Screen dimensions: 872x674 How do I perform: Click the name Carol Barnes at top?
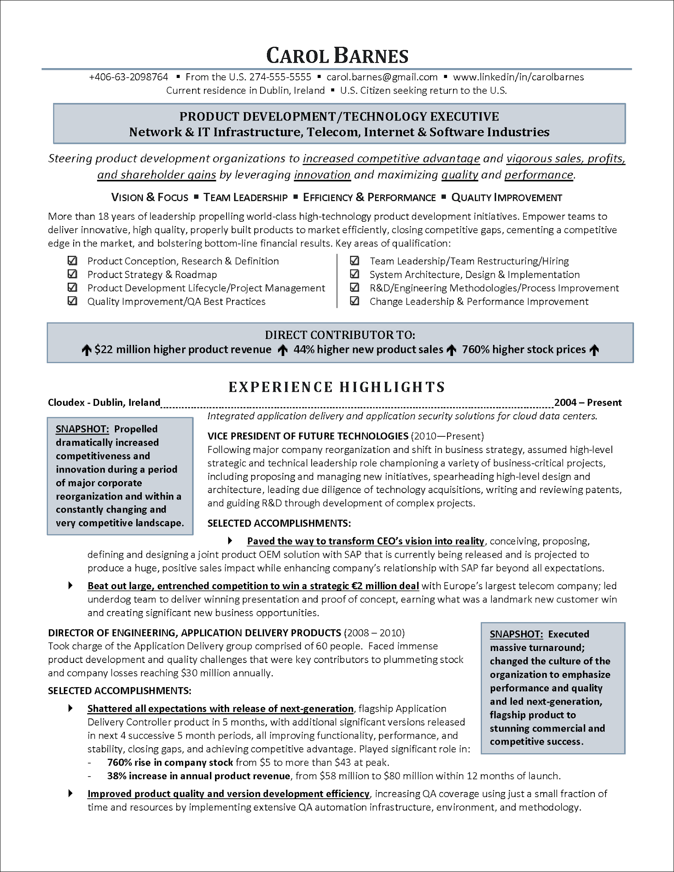click(337, 56)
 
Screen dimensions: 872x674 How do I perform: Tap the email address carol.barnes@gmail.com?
click(382, 77)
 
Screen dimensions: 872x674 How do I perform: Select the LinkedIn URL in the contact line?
click(518, 77)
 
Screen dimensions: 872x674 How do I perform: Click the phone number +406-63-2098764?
click(129, 77)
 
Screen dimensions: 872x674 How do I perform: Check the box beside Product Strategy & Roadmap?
click(72, 274)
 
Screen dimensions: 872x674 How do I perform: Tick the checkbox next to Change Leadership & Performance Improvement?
click(354, 301)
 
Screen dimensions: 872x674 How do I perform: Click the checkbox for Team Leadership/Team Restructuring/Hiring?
click(354, 261)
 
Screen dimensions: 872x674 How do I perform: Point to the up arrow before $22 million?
click(86, 350)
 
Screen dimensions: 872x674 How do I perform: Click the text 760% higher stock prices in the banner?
click(524, 350)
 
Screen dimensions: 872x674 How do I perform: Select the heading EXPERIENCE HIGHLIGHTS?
click(337, 387)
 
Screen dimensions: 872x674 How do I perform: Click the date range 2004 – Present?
click(588, 402)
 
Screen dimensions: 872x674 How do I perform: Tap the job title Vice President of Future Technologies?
click(308, 436)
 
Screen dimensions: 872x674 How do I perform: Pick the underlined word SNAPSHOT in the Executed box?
click(516, 634)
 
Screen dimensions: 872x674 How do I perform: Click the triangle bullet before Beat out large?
click(70, 585)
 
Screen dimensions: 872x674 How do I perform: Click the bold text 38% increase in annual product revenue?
click(198, 776)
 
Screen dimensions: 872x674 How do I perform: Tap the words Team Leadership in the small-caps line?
click(245, 198)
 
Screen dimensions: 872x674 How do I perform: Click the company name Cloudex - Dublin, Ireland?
click(104, 402)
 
